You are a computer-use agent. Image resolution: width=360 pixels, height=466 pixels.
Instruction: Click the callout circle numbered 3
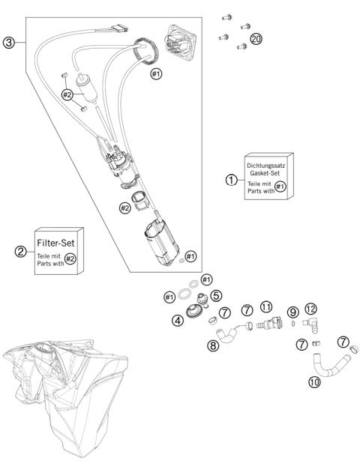9,43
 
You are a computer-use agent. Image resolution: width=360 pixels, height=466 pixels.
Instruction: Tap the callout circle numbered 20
256,39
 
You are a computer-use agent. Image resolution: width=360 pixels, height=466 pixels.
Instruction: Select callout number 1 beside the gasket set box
231,180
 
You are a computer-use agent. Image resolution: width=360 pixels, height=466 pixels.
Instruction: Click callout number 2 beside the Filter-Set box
20,252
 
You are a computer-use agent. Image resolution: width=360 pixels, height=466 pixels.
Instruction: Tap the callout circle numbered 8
213,345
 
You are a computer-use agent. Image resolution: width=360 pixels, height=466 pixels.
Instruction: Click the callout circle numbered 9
293,312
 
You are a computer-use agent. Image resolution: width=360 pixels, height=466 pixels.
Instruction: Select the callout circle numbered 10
314,381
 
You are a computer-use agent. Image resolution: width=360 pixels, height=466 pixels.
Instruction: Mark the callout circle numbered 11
266,306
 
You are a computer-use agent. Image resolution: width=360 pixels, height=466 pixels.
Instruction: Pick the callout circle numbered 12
310,309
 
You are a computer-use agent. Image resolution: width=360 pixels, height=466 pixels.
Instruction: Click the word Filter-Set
55,243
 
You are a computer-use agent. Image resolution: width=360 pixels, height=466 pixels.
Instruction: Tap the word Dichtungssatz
265,166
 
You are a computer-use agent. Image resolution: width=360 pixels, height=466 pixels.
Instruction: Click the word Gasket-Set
265,173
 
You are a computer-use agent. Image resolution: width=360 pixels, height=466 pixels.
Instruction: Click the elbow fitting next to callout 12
310,325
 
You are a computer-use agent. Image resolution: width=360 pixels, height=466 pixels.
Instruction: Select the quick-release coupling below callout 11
269,324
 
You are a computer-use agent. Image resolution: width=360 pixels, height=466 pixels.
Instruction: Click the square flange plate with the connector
180,43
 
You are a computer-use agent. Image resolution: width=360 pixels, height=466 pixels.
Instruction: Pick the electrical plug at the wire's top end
120,28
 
